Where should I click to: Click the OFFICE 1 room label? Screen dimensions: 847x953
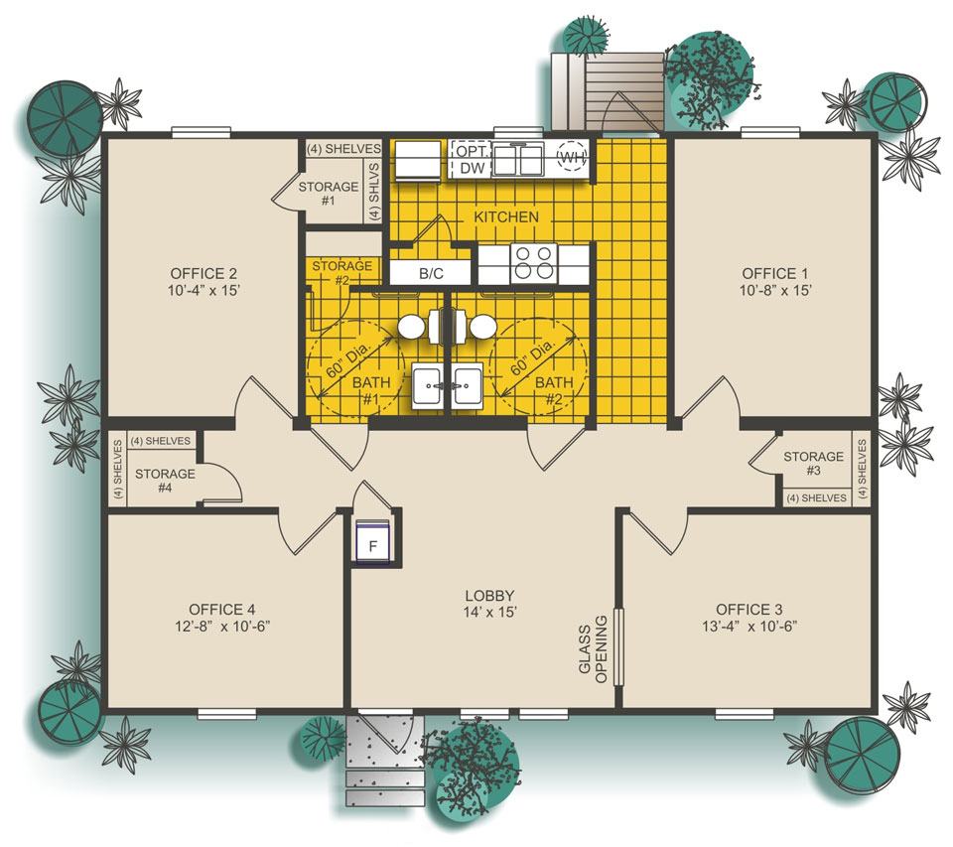click(768, 273)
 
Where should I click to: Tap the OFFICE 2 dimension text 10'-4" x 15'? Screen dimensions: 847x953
click(204, 291)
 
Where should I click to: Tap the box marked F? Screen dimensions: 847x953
click(374, 546)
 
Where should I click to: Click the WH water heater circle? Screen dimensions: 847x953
click(572, 157)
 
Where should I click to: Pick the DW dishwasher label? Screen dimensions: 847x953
click(471, 170)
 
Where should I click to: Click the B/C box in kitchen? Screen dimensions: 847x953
click(431, 271)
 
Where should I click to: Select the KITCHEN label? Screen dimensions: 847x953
click(506, 216)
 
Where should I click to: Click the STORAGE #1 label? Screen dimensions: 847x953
click(328, 193)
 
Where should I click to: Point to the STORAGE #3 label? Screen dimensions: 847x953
click(813, 464)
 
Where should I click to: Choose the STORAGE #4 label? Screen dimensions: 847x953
click(165, 481)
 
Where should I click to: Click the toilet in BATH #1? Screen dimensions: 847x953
click(413, 326)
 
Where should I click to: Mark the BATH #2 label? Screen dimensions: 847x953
click(554, 390)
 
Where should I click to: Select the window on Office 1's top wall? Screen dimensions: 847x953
click(769, 131)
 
